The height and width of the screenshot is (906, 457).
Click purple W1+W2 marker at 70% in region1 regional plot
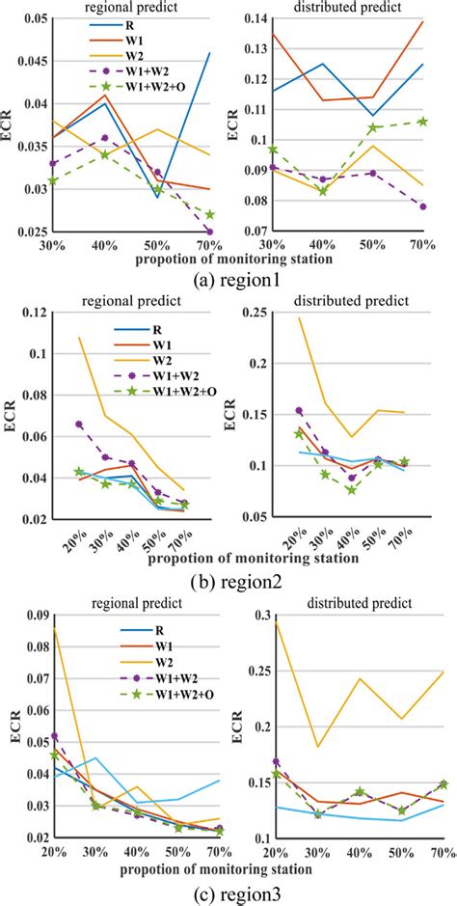click(x=210, y=232)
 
